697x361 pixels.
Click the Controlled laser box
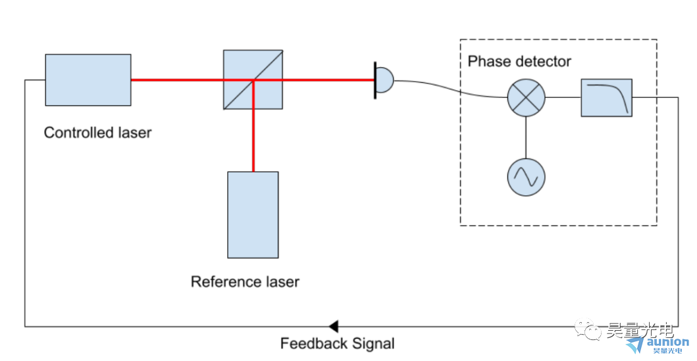tap(88, 80)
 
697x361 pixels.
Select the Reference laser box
tap(253, 214)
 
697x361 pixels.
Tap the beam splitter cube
tap(253, 80)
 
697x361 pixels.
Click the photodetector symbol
tap(383, 81)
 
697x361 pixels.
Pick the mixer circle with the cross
tap(527, 98)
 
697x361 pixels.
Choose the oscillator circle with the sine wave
tap(527, 176)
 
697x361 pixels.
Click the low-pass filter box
tap(606, 98)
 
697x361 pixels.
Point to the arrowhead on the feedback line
tap(333, 326)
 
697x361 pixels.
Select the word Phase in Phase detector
tap(488, 62)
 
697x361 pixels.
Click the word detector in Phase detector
tap(543, 62)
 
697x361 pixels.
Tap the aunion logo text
tap(666, 342)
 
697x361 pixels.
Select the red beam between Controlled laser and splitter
tap(176, 80)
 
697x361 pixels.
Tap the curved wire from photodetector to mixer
tap(448, 88)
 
